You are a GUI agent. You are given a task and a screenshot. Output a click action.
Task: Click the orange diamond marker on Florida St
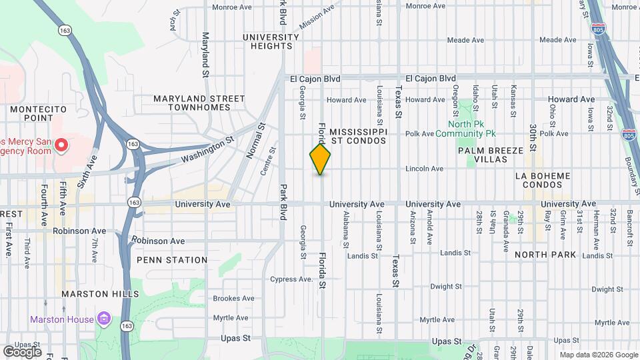[320, 159]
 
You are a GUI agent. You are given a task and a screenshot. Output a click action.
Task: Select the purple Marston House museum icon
[103, 319]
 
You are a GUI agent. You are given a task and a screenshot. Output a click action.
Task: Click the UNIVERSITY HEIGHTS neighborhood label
[271, 41]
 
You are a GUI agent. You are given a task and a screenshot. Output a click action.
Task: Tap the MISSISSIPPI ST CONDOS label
[358, 136]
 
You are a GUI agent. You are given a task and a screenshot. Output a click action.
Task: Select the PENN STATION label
[173, 260]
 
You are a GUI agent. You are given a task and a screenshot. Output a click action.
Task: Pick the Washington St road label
[208, 151]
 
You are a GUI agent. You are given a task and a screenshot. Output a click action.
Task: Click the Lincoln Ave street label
[424, 169]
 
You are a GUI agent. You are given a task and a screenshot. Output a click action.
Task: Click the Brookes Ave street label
[231, 299]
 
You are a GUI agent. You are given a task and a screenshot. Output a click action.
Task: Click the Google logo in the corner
[22, 351]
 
